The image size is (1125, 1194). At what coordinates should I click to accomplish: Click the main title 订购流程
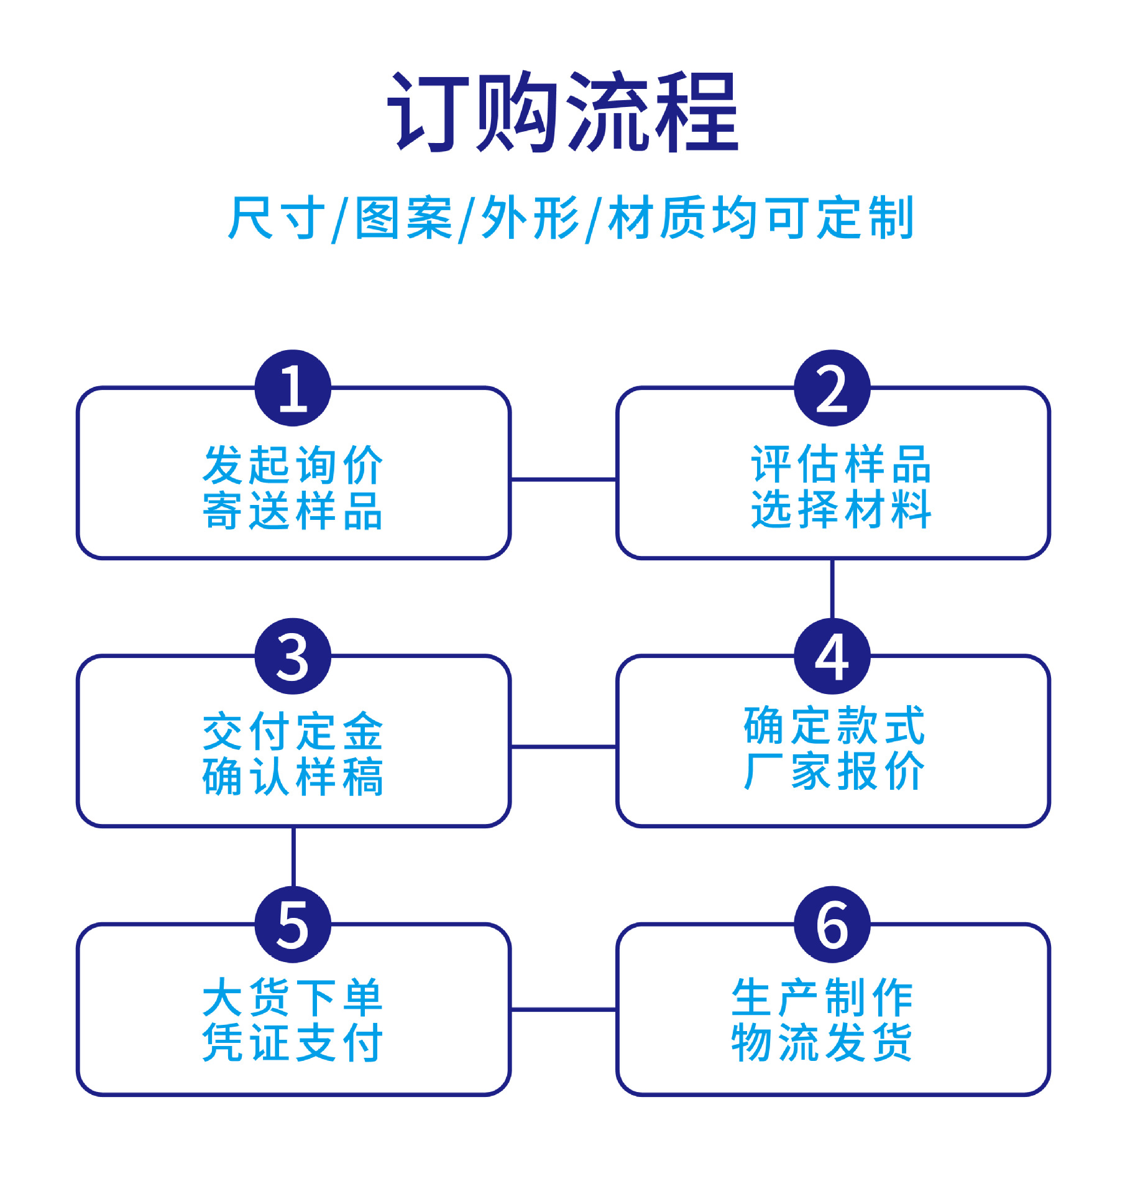pos(562,113)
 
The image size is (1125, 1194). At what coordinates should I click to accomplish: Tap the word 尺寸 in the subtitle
pos(277,218)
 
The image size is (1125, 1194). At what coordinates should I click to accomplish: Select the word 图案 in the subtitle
pos(403,218)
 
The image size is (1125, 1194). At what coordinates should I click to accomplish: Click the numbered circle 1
pos(293,388)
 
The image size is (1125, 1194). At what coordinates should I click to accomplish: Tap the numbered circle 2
pos(832,388)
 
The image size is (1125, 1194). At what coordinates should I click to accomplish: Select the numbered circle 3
pos(293,656)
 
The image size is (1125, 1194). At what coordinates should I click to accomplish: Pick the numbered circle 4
pos(832,656)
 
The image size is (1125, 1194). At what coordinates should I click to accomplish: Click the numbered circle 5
pos(293,924)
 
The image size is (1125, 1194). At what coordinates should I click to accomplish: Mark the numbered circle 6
pos(832,924)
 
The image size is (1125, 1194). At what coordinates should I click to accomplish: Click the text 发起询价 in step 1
pos(293,465)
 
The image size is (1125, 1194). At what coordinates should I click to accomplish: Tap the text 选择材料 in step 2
pos(840,509)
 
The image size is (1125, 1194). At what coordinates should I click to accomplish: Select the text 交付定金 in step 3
pos(293,732)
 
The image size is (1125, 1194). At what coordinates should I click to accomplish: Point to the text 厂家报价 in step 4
pos(834,772)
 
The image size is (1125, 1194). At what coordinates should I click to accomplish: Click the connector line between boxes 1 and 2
pos(563,479)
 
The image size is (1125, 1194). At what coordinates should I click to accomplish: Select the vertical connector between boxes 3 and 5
pos(293,857)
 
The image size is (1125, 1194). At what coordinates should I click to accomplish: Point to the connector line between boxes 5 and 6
pos(563,1009)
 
